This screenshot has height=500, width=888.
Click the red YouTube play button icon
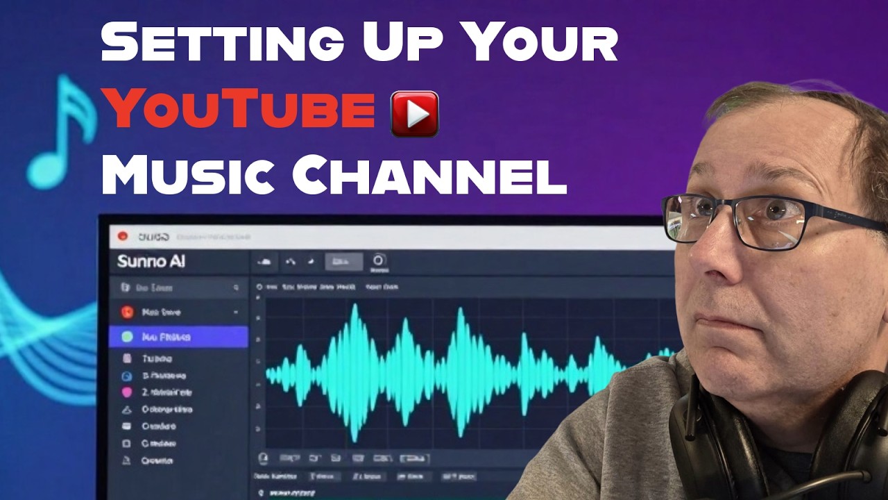(x=415, y=113)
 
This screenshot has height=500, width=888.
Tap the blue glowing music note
(x=62, y=132)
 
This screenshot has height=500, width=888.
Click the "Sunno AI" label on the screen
(x=151, y=262)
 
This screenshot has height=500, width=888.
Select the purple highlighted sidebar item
(x=178, y=337)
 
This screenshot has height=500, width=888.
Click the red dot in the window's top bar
(x=123, y=236)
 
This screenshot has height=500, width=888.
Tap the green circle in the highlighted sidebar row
(x=127, y=337)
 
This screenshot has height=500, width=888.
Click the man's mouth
(x=725, y=321)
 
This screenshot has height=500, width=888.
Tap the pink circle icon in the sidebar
(x=127, y=392)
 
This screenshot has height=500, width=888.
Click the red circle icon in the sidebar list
(x=127, y=312)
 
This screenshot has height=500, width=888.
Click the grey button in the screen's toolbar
(x=343, y=262)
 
